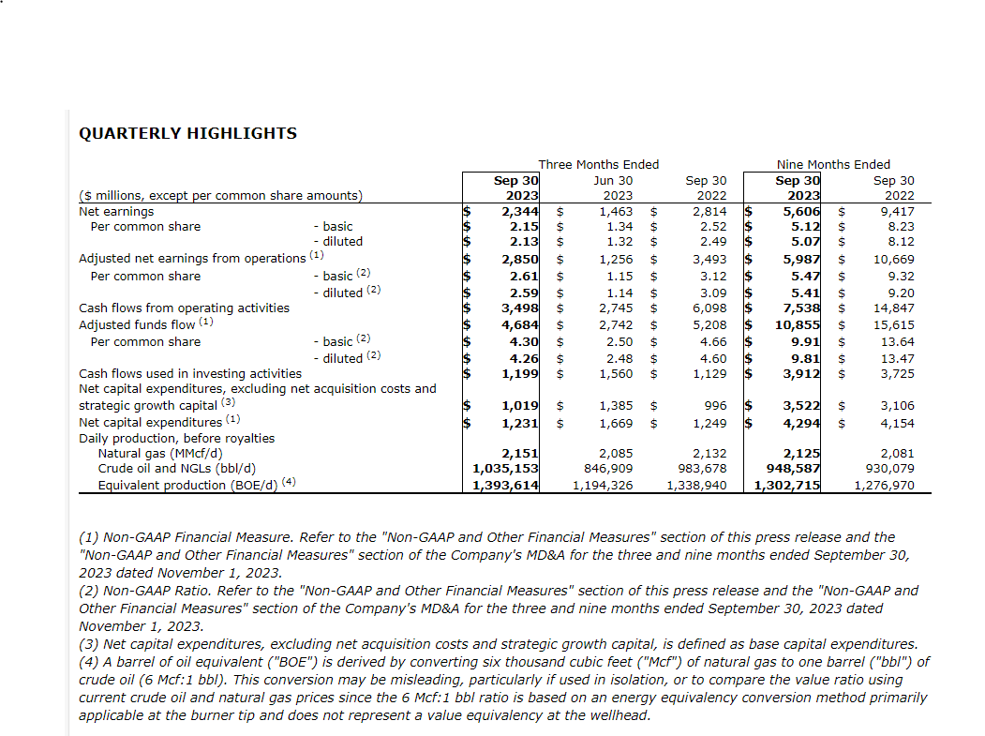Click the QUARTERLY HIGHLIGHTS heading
coord(187,133)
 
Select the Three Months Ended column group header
coord(599,164)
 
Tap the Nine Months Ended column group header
coord(833,164)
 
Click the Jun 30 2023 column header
coord(614,188)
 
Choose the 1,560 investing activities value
coord(615,374)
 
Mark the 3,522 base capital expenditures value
coord(801,406)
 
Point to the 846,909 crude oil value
coord(606,469)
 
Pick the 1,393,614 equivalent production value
coord(506,485)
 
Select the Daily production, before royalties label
coord(177,438)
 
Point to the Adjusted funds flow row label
coord(139,324)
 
